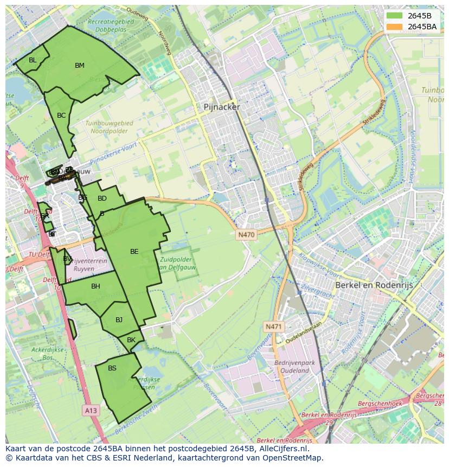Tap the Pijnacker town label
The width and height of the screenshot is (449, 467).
221,107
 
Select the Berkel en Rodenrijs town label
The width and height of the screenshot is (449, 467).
374,285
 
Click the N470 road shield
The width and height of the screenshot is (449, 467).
246,235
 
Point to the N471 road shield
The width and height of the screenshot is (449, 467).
274,327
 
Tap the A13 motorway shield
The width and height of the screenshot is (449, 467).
91,411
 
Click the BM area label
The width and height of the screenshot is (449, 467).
80,66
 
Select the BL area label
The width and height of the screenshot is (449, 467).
33,60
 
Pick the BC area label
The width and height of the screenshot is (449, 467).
61,116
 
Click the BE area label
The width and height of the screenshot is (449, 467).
134,252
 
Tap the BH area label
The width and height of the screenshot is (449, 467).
95,286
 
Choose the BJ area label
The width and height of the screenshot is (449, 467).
119,320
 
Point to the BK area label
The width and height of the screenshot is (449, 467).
131,340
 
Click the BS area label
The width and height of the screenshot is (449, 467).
112,368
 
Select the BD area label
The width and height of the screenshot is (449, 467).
102,199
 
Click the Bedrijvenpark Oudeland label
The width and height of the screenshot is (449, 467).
291,366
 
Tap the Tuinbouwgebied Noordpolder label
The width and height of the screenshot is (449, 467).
109,127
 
